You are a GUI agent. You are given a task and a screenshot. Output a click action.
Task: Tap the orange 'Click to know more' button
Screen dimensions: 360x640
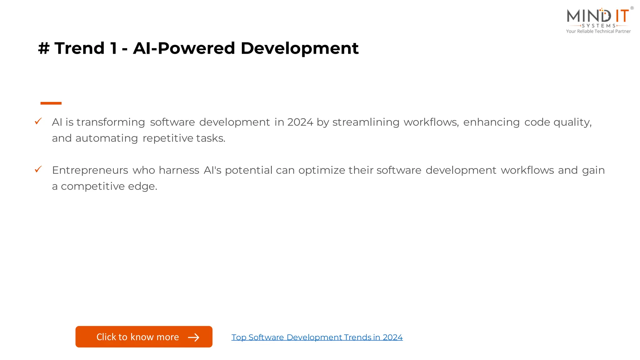tap(144, 337)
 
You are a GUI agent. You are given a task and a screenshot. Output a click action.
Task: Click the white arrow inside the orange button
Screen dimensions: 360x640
tap(193, 337)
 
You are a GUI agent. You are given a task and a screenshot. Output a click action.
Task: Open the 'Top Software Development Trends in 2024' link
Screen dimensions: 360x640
tap(317, 337)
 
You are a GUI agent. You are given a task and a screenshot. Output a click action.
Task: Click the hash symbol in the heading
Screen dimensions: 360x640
tap(44, 48)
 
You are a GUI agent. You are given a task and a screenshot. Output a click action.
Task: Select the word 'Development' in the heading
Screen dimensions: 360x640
tap(299, 48)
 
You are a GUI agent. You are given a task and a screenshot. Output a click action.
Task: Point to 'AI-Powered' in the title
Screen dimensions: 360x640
tap(184, 48)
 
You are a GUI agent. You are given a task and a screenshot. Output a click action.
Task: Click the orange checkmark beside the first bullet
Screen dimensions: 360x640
tap(38, 121)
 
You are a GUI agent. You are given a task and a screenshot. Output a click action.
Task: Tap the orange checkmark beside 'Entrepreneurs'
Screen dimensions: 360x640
tap(38, 169)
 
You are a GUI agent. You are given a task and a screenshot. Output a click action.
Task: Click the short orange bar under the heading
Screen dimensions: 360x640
tap(51, 103)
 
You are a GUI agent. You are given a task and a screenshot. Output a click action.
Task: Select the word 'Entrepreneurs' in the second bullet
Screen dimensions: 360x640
tap(90, 170)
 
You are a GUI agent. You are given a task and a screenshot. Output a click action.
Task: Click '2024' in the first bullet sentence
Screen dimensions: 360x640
tap(300, 122)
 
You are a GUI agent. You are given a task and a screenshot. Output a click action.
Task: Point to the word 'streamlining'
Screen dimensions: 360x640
tap(366, 122)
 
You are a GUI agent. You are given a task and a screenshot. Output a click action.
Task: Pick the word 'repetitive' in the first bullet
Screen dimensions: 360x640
tap(168, 138)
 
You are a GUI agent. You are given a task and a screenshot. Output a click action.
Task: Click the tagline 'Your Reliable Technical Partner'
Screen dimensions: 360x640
tap(598, 31)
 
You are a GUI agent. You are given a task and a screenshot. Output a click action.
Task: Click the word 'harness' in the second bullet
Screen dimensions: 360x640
tap(179, 170)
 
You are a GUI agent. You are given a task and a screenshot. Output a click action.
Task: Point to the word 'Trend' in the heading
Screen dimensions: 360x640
tap(79, 48)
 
